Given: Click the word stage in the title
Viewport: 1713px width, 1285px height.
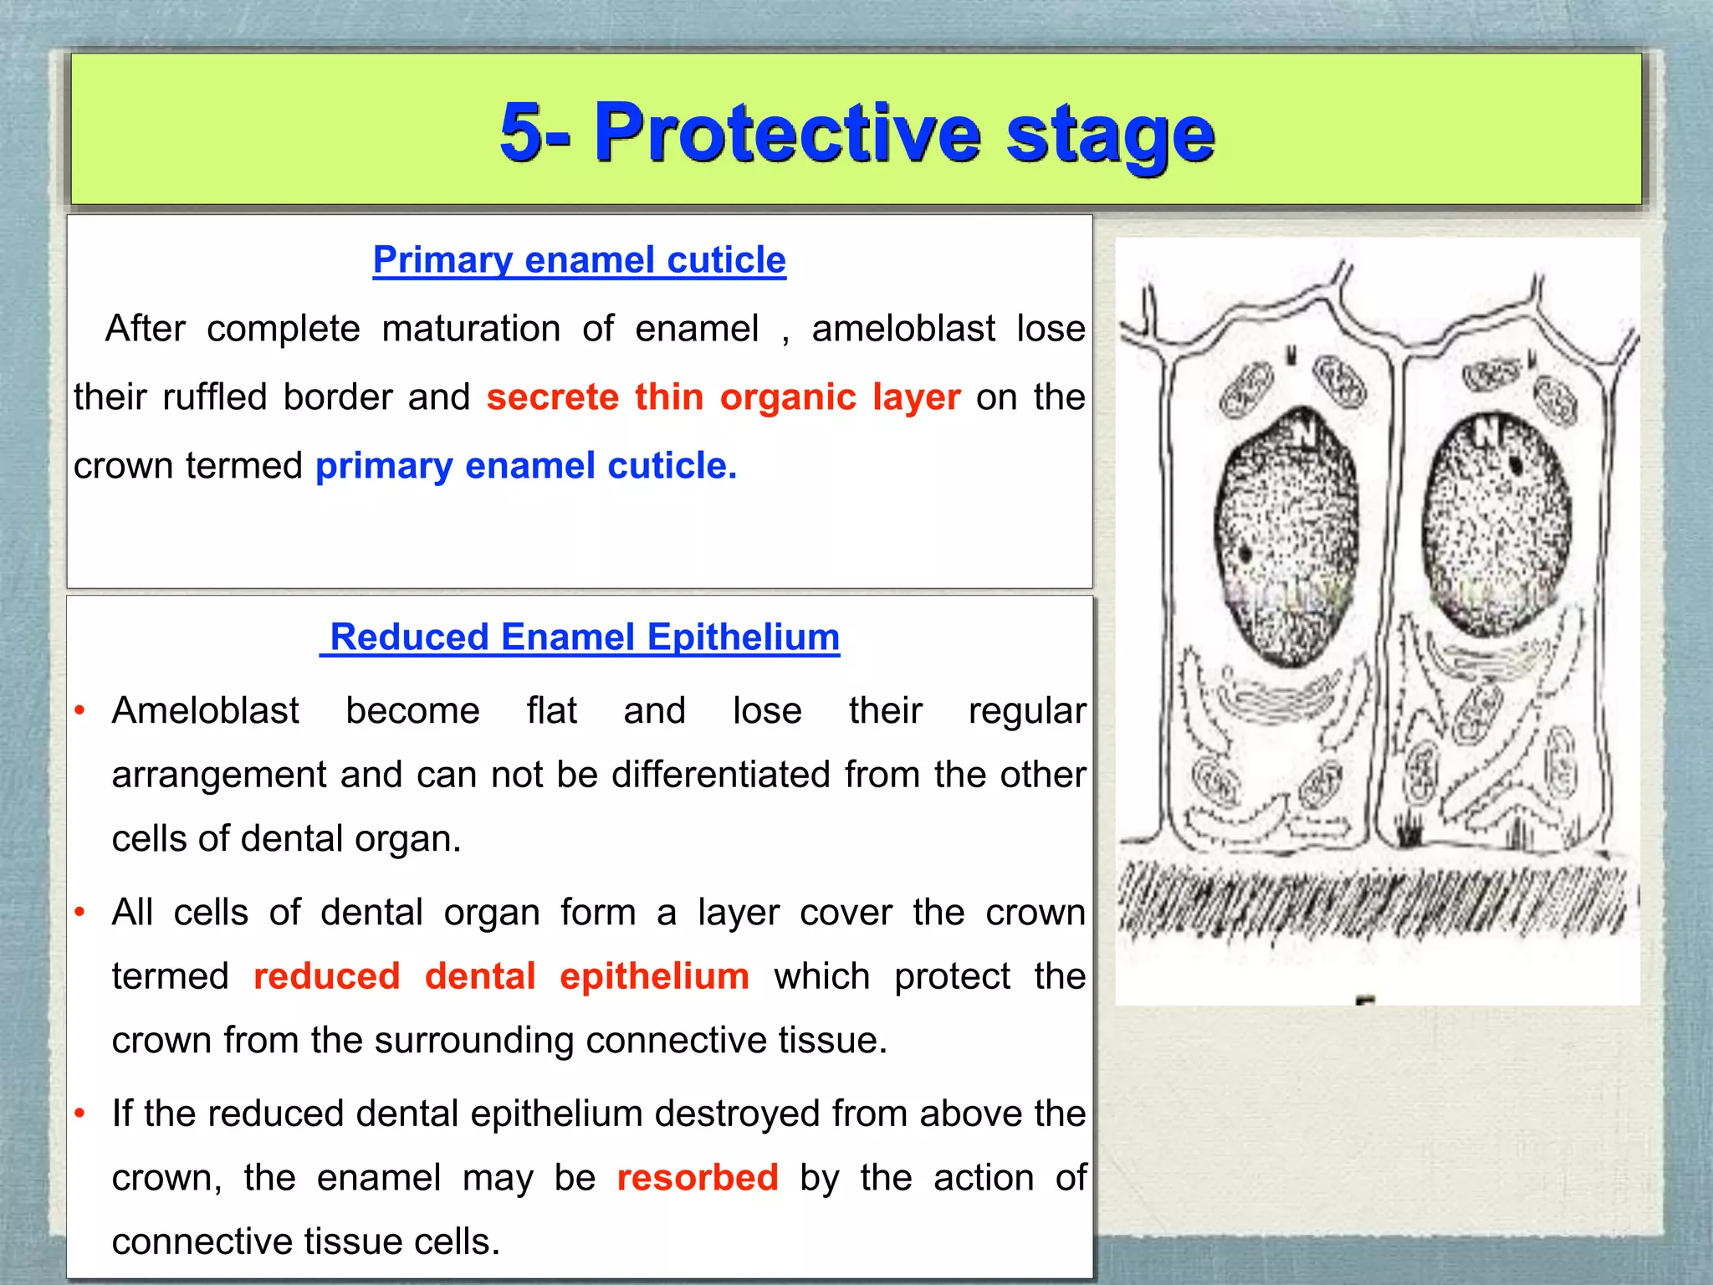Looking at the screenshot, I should [1110, 134].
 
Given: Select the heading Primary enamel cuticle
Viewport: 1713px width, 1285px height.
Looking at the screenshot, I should [579, 260].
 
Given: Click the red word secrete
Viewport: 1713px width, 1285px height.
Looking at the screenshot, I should [552, 397].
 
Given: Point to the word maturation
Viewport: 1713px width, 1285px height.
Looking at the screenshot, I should [471, 329].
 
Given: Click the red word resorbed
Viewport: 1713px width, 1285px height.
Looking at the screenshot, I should [698, 1178].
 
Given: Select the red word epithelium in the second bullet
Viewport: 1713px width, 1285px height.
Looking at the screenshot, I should [654, 976].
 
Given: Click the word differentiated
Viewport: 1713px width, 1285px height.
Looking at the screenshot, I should [723, 775].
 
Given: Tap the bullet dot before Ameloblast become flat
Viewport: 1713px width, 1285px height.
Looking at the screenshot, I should [80, 710].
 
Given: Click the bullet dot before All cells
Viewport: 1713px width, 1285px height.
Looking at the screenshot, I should [80, 912].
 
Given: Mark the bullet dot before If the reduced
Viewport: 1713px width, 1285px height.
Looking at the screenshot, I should [80, 1113].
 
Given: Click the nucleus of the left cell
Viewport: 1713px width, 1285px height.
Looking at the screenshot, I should [1286, 535].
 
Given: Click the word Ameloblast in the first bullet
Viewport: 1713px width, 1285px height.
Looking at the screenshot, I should [205, 711].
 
